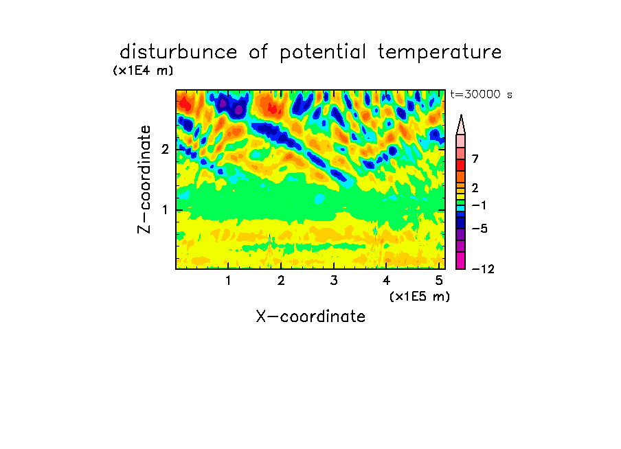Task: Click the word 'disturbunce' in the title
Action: tap(178, 52)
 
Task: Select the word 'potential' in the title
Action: tap(323, 53)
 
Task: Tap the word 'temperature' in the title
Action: tap(440, 53)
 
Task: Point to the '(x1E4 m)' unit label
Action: tap(143, 71)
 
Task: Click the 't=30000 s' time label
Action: tap(481, 94)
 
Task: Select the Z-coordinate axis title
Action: tap(144, 179)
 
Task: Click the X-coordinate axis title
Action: tap(310, 316)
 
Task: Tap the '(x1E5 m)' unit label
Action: tap(420, 297)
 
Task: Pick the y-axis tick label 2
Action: tap(165, 149)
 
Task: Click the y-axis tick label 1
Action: tap(165, 210)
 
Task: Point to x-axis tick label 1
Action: tap(229, 281)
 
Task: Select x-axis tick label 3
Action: tap(334, 281)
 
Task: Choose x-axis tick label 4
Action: tap(387, 281)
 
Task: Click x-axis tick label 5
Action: tap(439, 281)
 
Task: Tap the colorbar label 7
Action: tap(475, 159)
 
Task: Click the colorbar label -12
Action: tap(483, 269)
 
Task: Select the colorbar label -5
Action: tap(479, 229)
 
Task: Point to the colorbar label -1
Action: tap(479, 205)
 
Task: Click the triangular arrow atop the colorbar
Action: tap(461, 124)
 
